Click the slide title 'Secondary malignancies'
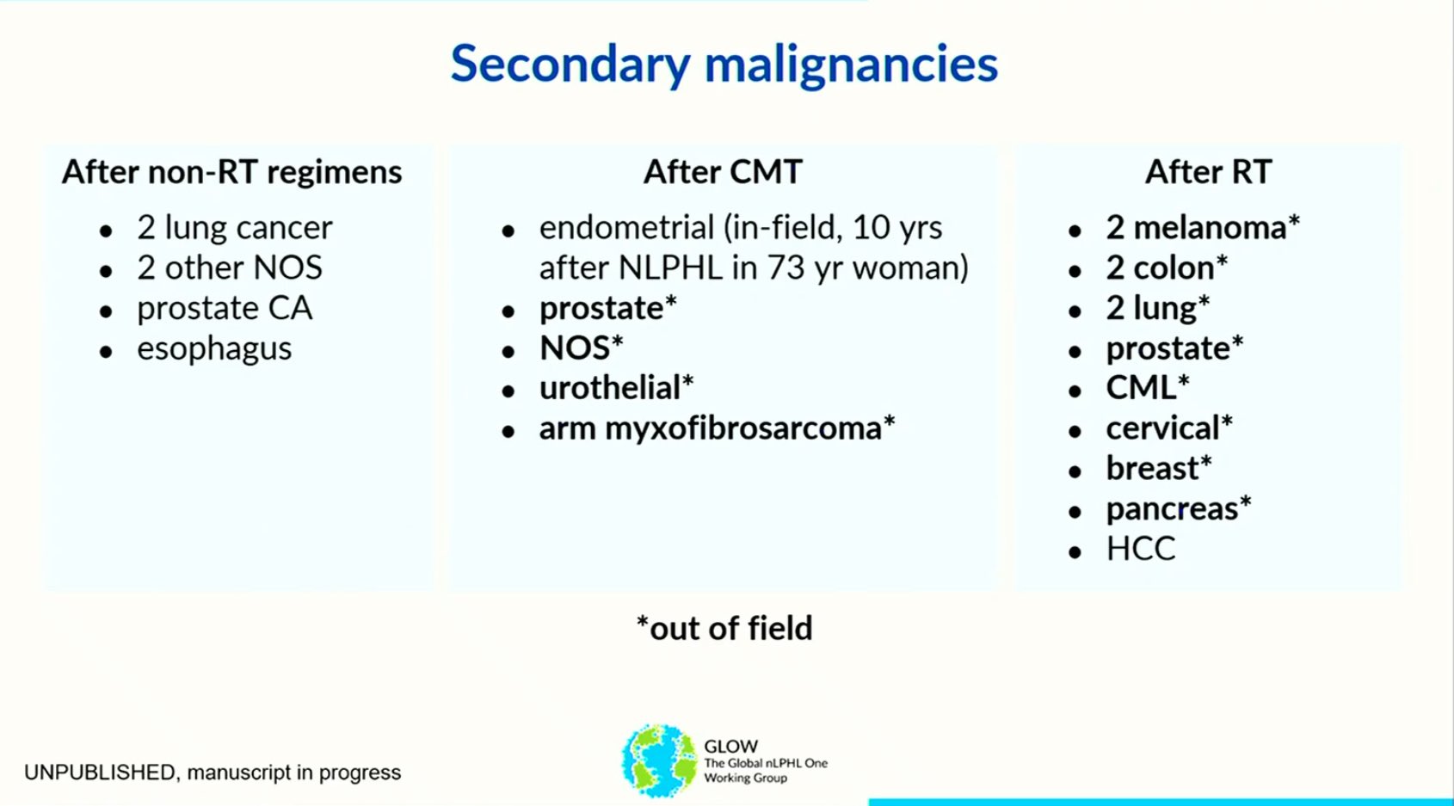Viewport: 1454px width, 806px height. coord(724,65)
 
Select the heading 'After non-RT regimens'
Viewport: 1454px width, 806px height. coord(231,173)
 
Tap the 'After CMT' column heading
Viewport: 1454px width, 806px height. coord(723,172)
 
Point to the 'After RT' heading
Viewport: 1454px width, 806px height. coord(1208,172)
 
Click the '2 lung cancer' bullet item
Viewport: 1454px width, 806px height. coord(234,228)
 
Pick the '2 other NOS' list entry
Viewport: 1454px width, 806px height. coord(230,268)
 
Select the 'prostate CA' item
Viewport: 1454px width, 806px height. coord(225,308)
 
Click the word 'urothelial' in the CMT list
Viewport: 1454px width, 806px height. coord(609,388)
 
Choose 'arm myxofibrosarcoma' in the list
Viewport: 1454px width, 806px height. coord(710,429)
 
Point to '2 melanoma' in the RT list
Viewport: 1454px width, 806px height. coord(1196,228)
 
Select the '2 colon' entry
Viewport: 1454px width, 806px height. coord(1160,268)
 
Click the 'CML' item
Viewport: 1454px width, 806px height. coord(1141,388)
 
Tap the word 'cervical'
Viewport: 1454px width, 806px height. coord(1162,428)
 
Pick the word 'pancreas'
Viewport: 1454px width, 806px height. coord(1173,509)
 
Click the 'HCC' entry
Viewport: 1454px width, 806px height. coord(1141,549)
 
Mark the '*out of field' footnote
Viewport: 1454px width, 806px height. coord(724,628)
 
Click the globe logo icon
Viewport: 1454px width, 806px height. coord(659,760)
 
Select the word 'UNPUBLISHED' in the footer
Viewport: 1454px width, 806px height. coord(100,772)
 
